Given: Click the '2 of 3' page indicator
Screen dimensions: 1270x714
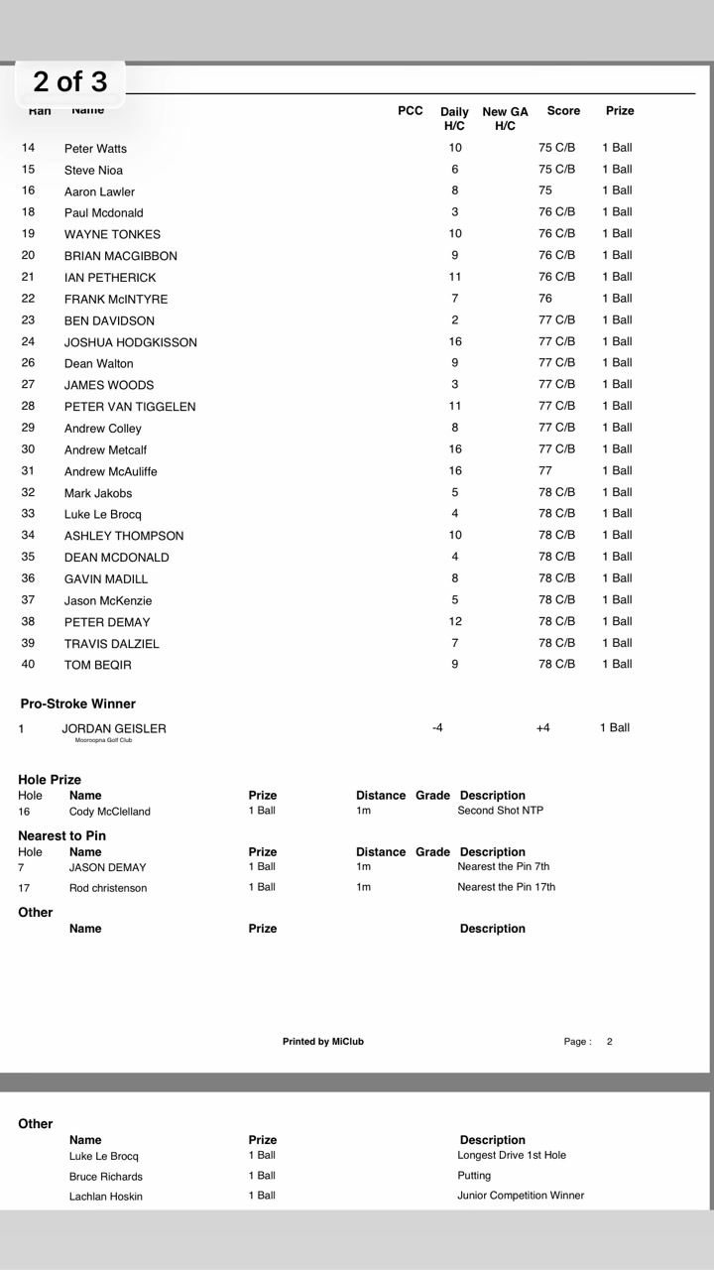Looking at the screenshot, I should tap(69, 81).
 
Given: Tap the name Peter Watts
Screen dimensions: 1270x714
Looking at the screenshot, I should tap(95, 149).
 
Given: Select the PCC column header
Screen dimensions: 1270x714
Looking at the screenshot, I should tap(410, 111).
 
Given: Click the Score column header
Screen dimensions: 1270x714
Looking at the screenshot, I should tap(563, 111).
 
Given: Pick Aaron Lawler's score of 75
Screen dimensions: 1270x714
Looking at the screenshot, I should tap(545, 190).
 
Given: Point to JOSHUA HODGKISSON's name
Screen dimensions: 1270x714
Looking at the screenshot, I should tap(130, 342).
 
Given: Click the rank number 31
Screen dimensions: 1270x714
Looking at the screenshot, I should tap(28, 470).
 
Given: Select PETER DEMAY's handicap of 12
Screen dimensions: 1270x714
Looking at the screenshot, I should tap(455, 621).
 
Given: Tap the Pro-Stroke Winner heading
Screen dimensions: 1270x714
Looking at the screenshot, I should tap(77, 703).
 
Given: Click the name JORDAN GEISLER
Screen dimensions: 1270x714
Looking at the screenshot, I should tap(114, 728).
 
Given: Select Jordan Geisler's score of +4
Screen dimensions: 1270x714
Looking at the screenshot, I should tap(542, 728).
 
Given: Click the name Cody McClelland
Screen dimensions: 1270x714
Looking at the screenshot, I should tap(109, 812).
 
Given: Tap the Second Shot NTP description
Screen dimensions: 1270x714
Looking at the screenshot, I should tap(500, 811).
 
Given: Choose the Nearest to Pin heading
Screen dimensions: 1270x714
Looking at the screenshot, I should tap(61, 835).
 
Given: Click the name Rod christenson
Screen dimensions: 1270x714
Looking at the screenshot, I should tap(107, 888).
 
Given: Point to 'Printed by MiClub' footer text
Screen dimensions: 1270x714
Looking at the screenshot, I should tap(322, 1042).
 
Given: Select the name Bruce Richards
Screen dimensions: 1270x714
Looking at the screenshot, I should tap(105, 1177).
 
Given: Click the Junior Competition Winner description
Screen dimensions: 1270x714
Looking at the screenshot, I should tap(521, 1196).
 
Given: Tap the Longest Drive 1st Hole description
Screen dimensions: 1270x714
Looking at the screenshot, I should tap(512, 1155).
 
